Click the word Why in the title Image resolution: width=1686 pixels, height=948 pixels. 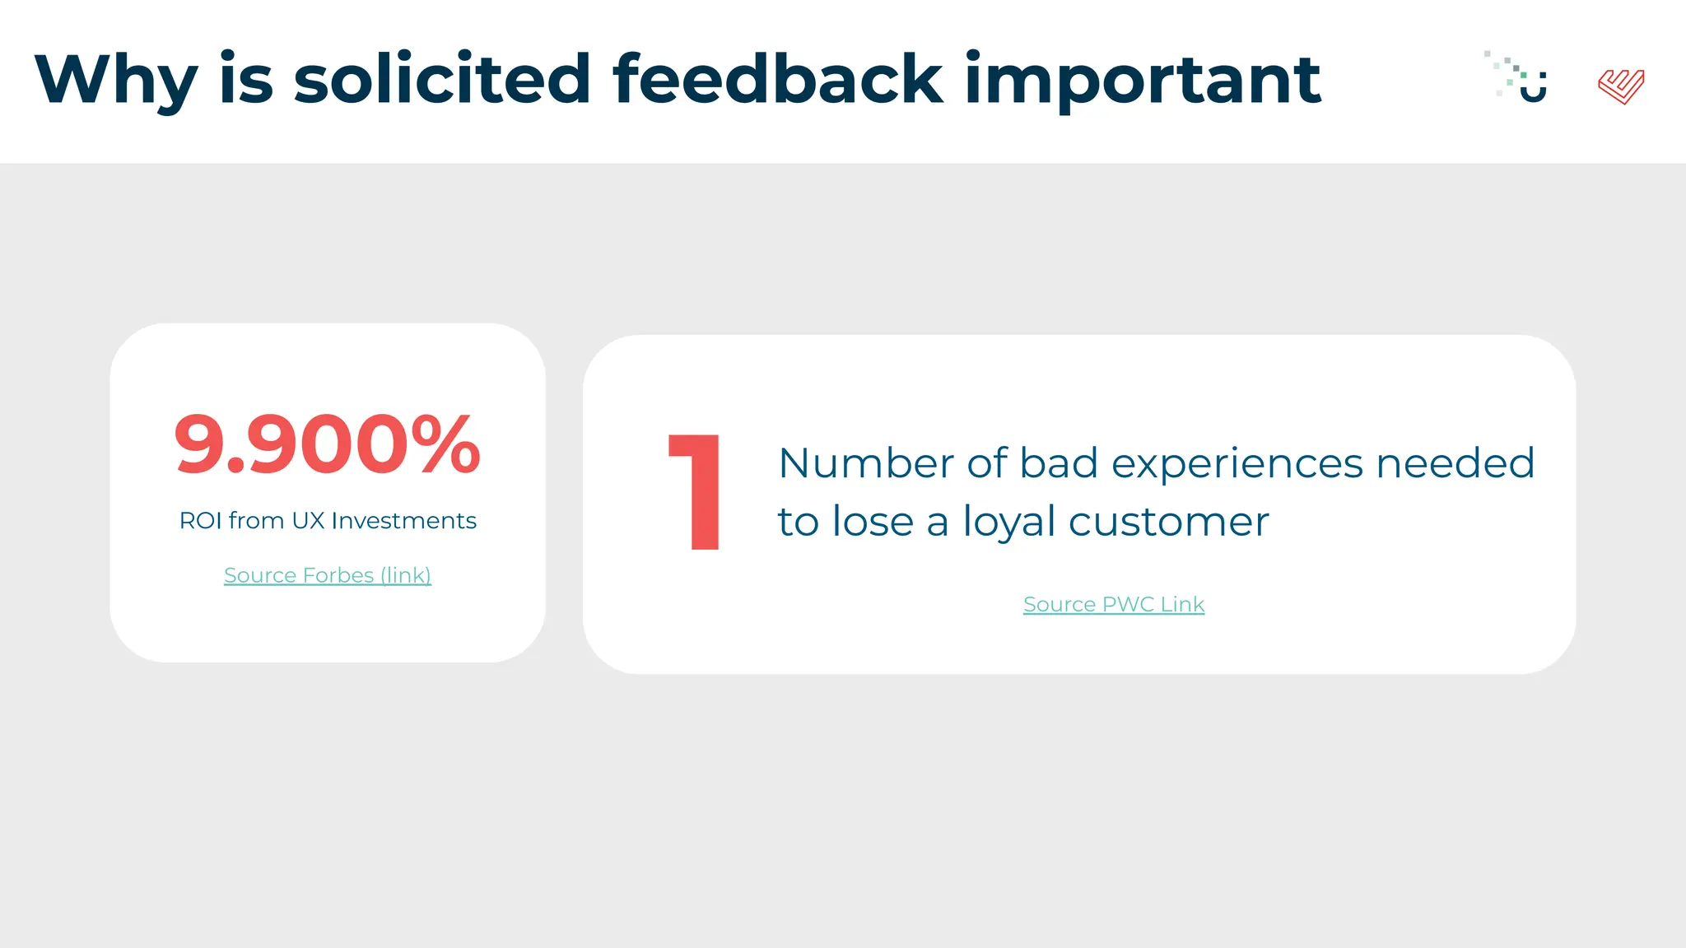point(115,80)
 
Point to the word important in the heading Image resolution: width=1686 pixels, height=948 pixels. point(1142,80)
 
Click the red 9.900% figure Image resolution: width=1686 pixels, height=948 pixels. point(327,445)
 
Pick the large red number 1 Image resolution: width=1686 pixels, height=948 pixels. point(696,492)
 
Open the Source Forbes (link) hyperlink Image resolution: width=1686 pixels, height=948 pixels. point(327,575)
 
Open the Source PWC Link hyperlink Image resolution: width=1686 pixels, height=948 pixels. point(1113,604)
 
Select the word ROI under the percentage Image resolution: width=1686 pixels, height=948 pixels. point(200,521)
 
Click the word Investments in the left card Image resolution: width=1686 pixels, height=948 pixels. point(403,521)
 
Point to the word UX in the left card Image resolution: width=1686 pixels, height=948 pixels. point(308,521)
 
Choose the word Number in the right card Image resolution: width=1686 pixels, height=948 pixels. point(866,463)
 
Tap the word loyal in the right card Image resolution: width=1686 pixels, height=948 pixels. point(1009,523)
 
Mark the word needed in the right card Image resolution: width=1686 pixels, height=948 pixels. point(1455,463)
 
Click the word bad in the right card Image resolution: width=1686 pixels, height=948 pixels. point(1059,463)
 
